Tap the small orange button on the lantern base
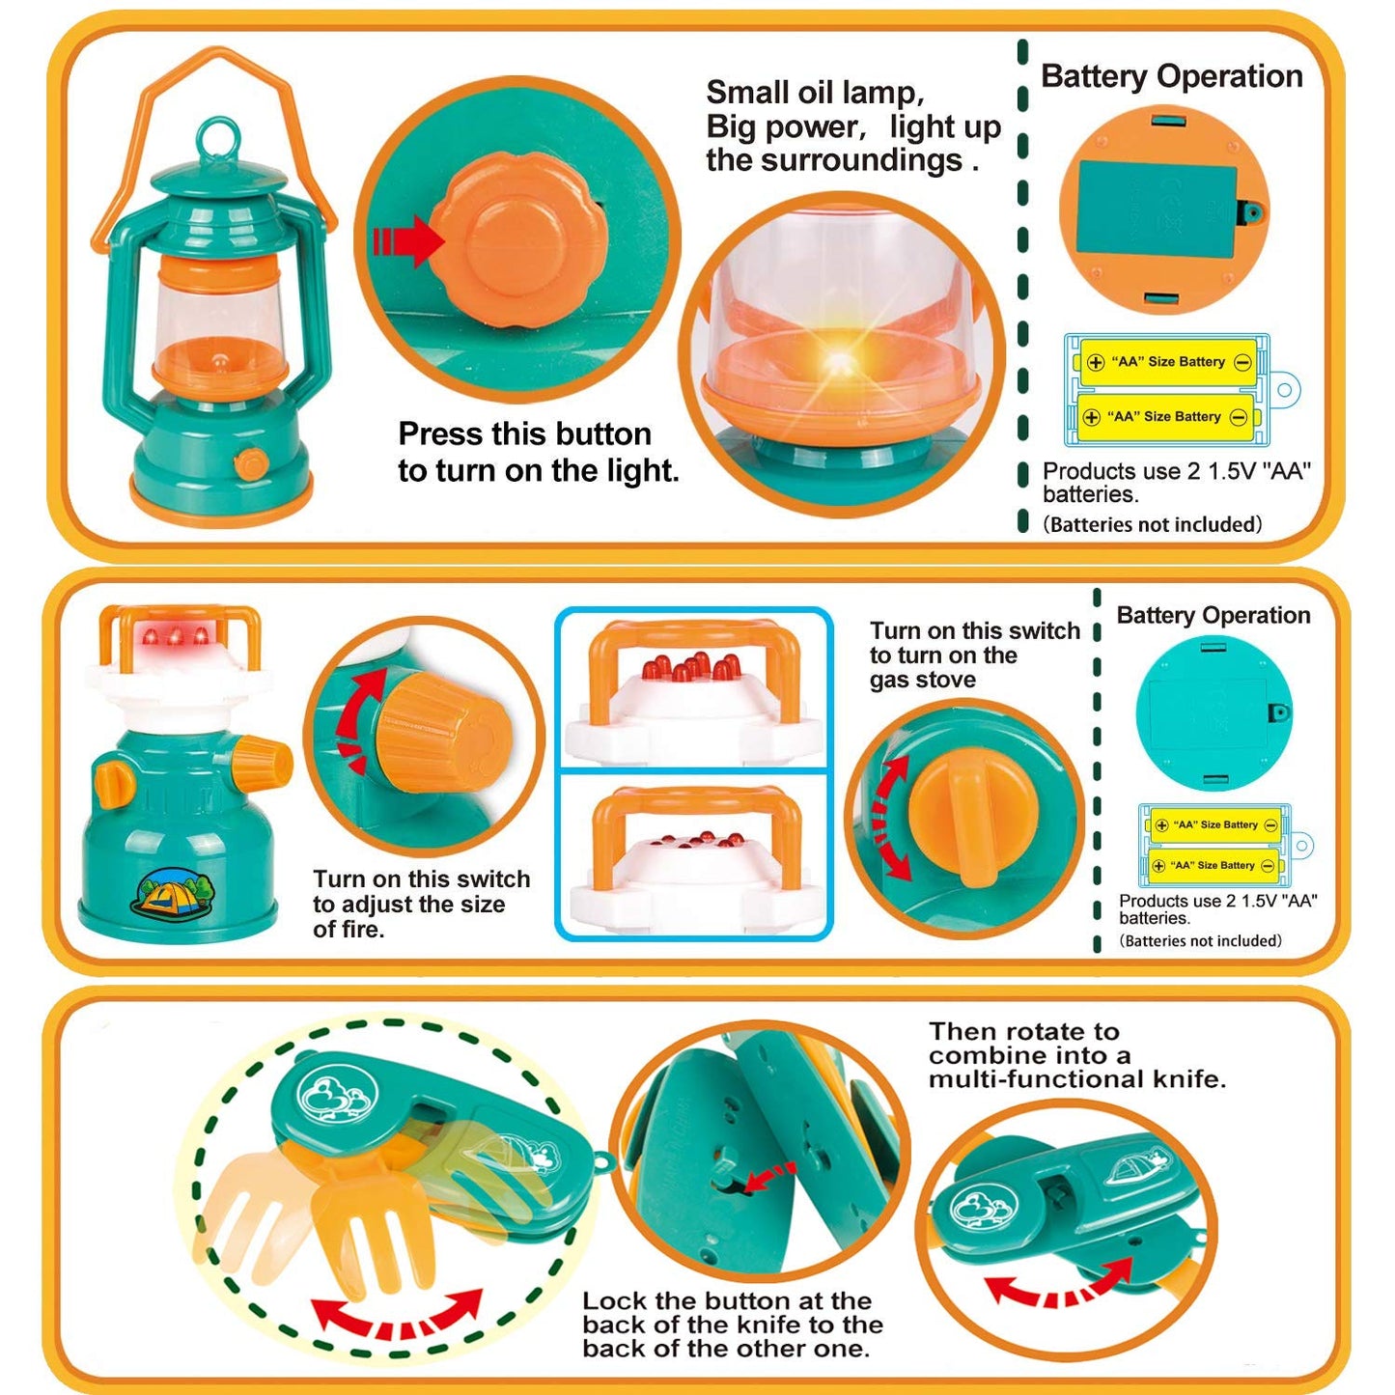point(251,463)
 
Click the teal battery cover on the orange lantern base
point(1157,209)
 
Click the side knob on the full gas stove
point(262,760)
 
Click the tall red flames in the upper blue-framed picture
point(691,666)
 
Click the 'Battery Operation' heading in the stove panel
point(1213,616)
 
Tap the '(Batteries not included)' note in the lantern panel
point(1152,525)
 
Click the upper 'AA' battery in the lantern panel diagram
point(1168,363)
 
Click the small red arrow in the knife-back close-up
point(769,1177)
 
